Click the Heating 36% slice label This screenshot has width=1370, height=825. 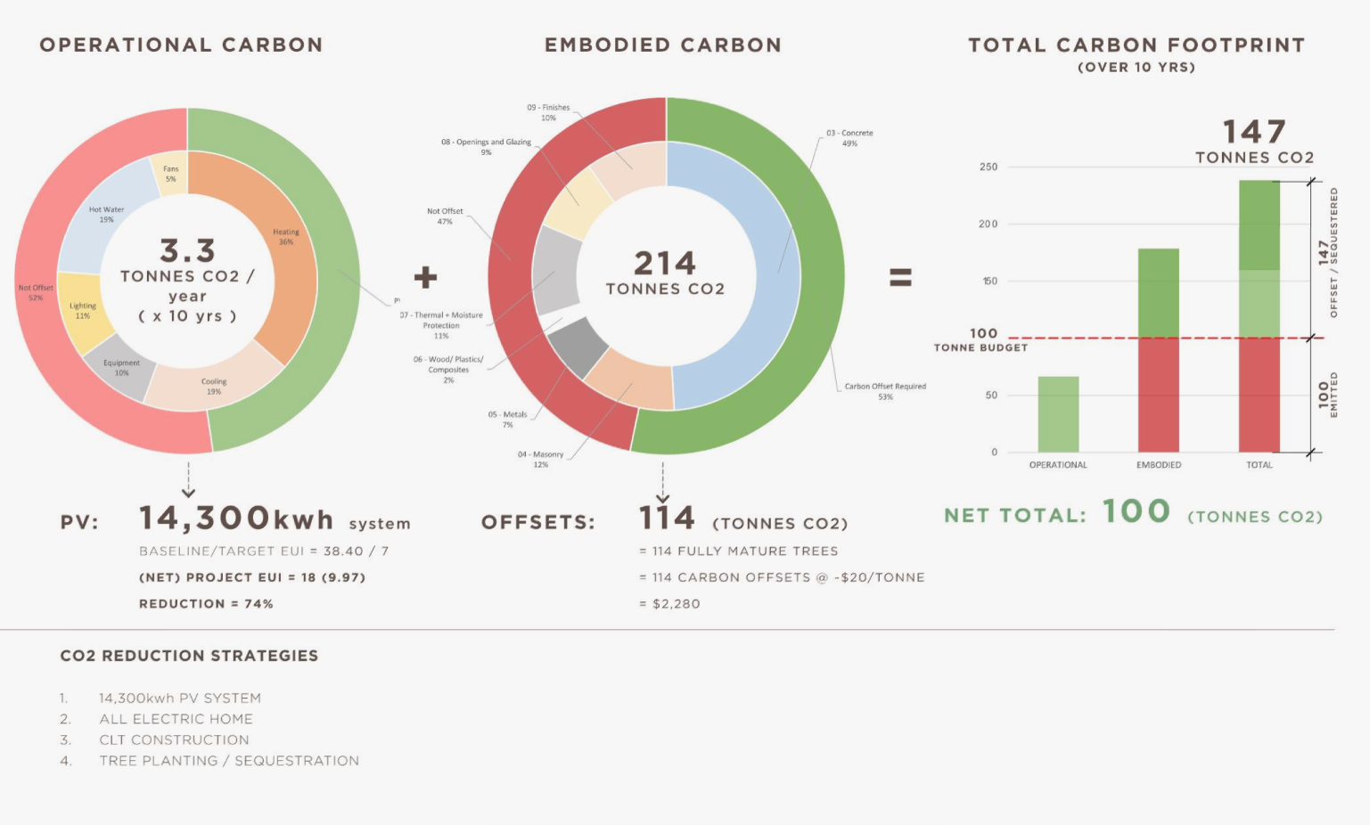[286, 237]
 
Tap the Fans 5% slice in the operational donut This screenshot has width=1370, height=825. [169, 174]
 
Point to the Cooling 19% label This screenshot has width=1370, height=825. [214, 386]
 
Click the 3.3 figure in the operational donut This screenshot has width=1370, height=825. [187, 250]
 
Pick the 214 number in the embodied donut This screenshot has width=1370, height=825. [665, 263]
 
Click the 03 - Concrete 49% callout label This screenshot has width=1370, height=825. [849, 138]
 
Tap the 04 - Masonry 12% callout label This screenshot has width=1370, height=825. [540, 459]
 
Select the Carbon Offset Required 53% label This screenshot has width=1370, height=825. [885, 391]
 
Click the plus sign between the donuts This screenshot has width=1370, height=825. [425, 277]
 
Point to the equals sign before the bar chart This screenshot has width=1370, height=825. [900, 277]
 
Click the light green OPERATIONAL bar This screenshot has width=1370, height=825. [1058, 413]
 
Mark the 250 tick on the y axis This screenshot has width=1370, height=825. [989, 167]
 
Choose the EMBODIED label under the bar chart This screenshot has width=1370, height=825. [1159, 465]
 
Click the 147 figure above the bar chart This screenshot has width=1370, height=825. [1253, 133]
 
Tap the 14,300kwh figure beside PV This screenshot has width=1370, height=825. [236, 519]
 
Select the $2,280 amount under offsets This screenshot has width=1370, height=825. [677, 604]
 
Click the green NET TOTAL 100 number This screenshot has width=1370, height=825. [1136, 511]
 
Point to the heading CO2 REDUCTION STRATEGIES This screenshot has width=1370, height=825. [189, 656]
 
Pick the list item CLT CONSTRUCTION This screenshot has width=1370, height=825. [174, 740]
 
